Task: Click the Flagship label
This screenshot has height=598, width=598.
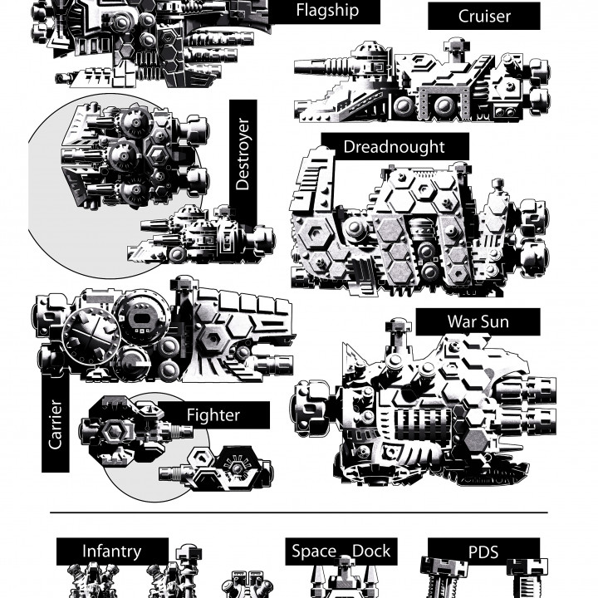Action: pyautogui.click(x=327, y=10)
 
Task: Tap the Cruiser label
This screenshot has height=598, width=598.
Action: pyautogui.click(x=484, y=16)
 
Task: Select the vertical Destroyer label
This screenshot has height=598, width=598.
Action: pyautogui.click(x=243, y=154)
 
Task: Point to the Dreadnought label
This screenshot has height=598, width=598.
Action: pyautogui.click(x=394, y=147)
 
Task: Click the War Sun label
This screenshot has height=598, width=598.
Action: pyautogui.click(x=478, y=322)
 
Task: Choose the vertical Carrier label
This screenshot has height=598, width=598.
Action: pyautogui.click(x=56, y=424)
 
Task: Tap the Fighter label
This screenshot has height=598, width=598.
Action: pyautogui.click(x=213, y=415)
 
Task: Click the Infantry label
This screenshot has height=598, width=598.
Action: pyautogui.click(x=112, y=551)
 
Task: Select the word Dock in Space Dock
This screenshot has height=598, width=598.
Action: pyautogui.click(x=371, y=551)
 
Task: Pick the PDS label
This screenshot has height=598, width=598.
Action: pyautogui.click(x=483, y=551)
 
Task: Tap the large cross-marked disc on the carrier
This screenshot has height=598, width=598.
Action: pyautogui.click(x=91, y=336)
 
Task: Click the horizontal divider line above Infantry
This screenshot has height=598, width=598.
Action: pyautogui.click(x=299, y=513)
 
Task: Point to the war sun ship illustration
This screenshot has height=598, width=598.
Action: pyautogui.click(x=425, y=404)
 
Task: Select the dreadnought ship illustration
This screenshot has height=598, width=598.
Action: pyautogui.click(x=419, y=225)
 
